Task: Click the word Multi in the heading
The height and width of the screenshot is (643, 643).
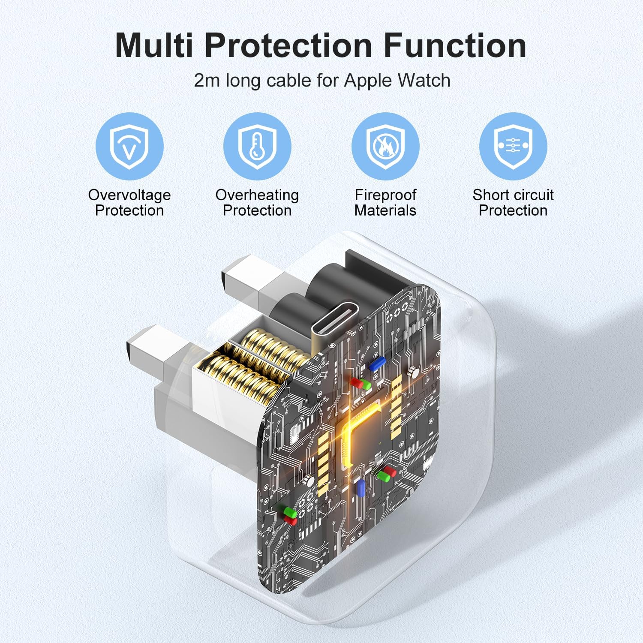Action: pyautogui.click(x=154, y=45)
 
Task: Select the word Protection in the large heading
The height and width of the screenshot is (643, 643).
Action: pyautogui.click(x=288, y=45)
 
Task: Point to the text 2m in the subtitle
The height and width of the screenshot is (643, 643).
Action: pyautogui.click(x=207, y=81)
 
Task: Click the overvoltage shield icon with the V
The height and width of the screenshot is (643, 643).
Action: pyautogui.click(x=129, y=146)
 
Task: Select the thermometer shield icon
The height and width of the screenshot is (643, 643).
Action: pyautogui.click(x=257, y=146)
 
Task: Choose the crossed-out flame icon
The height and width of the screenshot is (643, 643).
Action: pyautogui.click(x=385, y=146)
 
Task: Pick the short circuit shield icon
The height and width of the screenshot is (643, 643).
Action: pyautogui.click(x=513, y=146)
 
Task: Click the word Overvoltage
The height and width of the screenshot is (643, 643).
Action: pyautogui.click(x=129, y=195)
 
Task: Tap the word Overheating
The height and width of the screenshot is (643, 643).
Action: pyautogui.click(x=257, y=195)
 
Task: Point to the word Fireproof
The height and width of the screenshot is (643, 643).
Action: pyautogui.click(x=385, y=195)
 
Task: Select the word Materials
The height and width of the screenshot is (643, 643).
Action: pyautogui.click(x=385, y=210)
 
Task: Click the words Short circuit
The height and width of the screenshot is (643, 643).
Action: pyautogui.click(x=513, y=195)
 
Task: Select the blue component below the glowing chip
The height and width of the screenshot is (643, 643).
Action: pyautogui.click(x=361, y=488)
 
